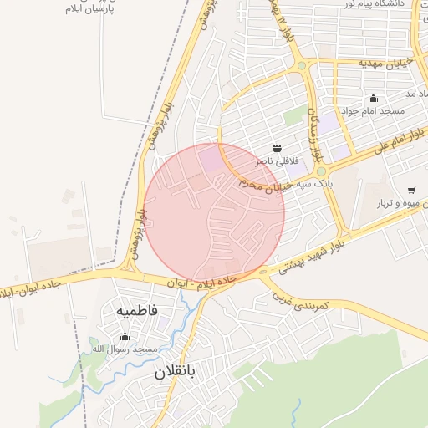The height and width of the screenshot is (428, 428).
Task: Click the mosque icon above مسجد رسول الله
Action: pyautogui.click(x=125, y=336)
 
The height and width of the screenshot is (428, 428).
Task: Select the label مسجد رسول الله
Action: pyautogui.click(x=125, y=348)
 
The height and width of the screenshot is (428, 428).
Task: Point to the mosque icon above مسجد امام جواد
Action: pyautogui.click(x=373, y=98)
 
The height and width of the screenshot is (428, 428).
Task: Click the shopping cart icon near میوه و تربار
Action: pyautogui.click(x=410, y=191)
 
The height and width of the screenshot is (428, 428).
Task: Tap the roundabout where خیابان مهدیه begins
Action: pyautogui.click(x=302, y=65)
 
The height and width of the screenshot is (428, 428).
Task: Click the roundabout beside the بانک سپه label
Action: pyautogui.click(x=321, y=171)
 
